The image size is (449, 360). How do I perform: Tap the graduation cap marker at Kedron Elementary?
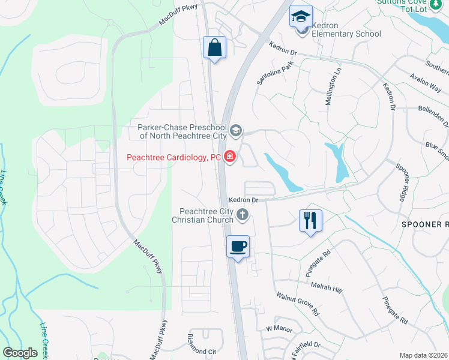[x=301, y=16]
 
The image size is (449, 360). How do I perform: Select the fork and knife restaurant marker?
[x=310, y=220]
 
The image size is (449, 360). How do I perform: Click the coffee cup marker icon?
[x=238, y=245]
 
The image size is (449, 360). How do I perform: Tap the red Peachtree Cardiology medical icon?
[x=229, y=158]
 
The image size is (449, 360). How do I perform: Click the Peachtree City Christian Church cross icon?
[x=242, y=214]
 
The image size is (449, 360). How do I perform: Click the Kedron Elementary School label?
[x=348, y=34]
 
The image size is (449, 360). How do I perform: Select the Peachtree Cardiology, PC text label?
[x=173, y=158]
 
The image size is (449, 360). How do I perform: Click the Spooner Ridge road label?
[x=401, y=180]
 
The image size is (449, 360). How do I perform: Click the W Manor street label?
[x=278, y=329]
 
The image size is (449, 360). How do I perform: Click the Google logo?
[x=20, y=352]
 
